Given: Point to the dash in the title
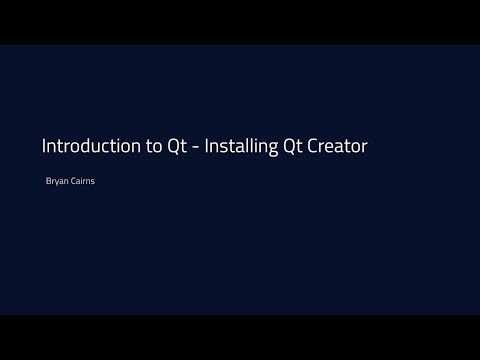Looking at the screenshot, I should pos(197,147).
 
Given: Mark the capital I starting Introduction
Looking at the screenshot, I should pos(43,146).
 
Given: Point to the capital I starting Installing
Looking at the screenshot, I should pos(209,146).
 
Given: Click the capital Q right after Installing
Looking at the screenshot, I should pos(292,146).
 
